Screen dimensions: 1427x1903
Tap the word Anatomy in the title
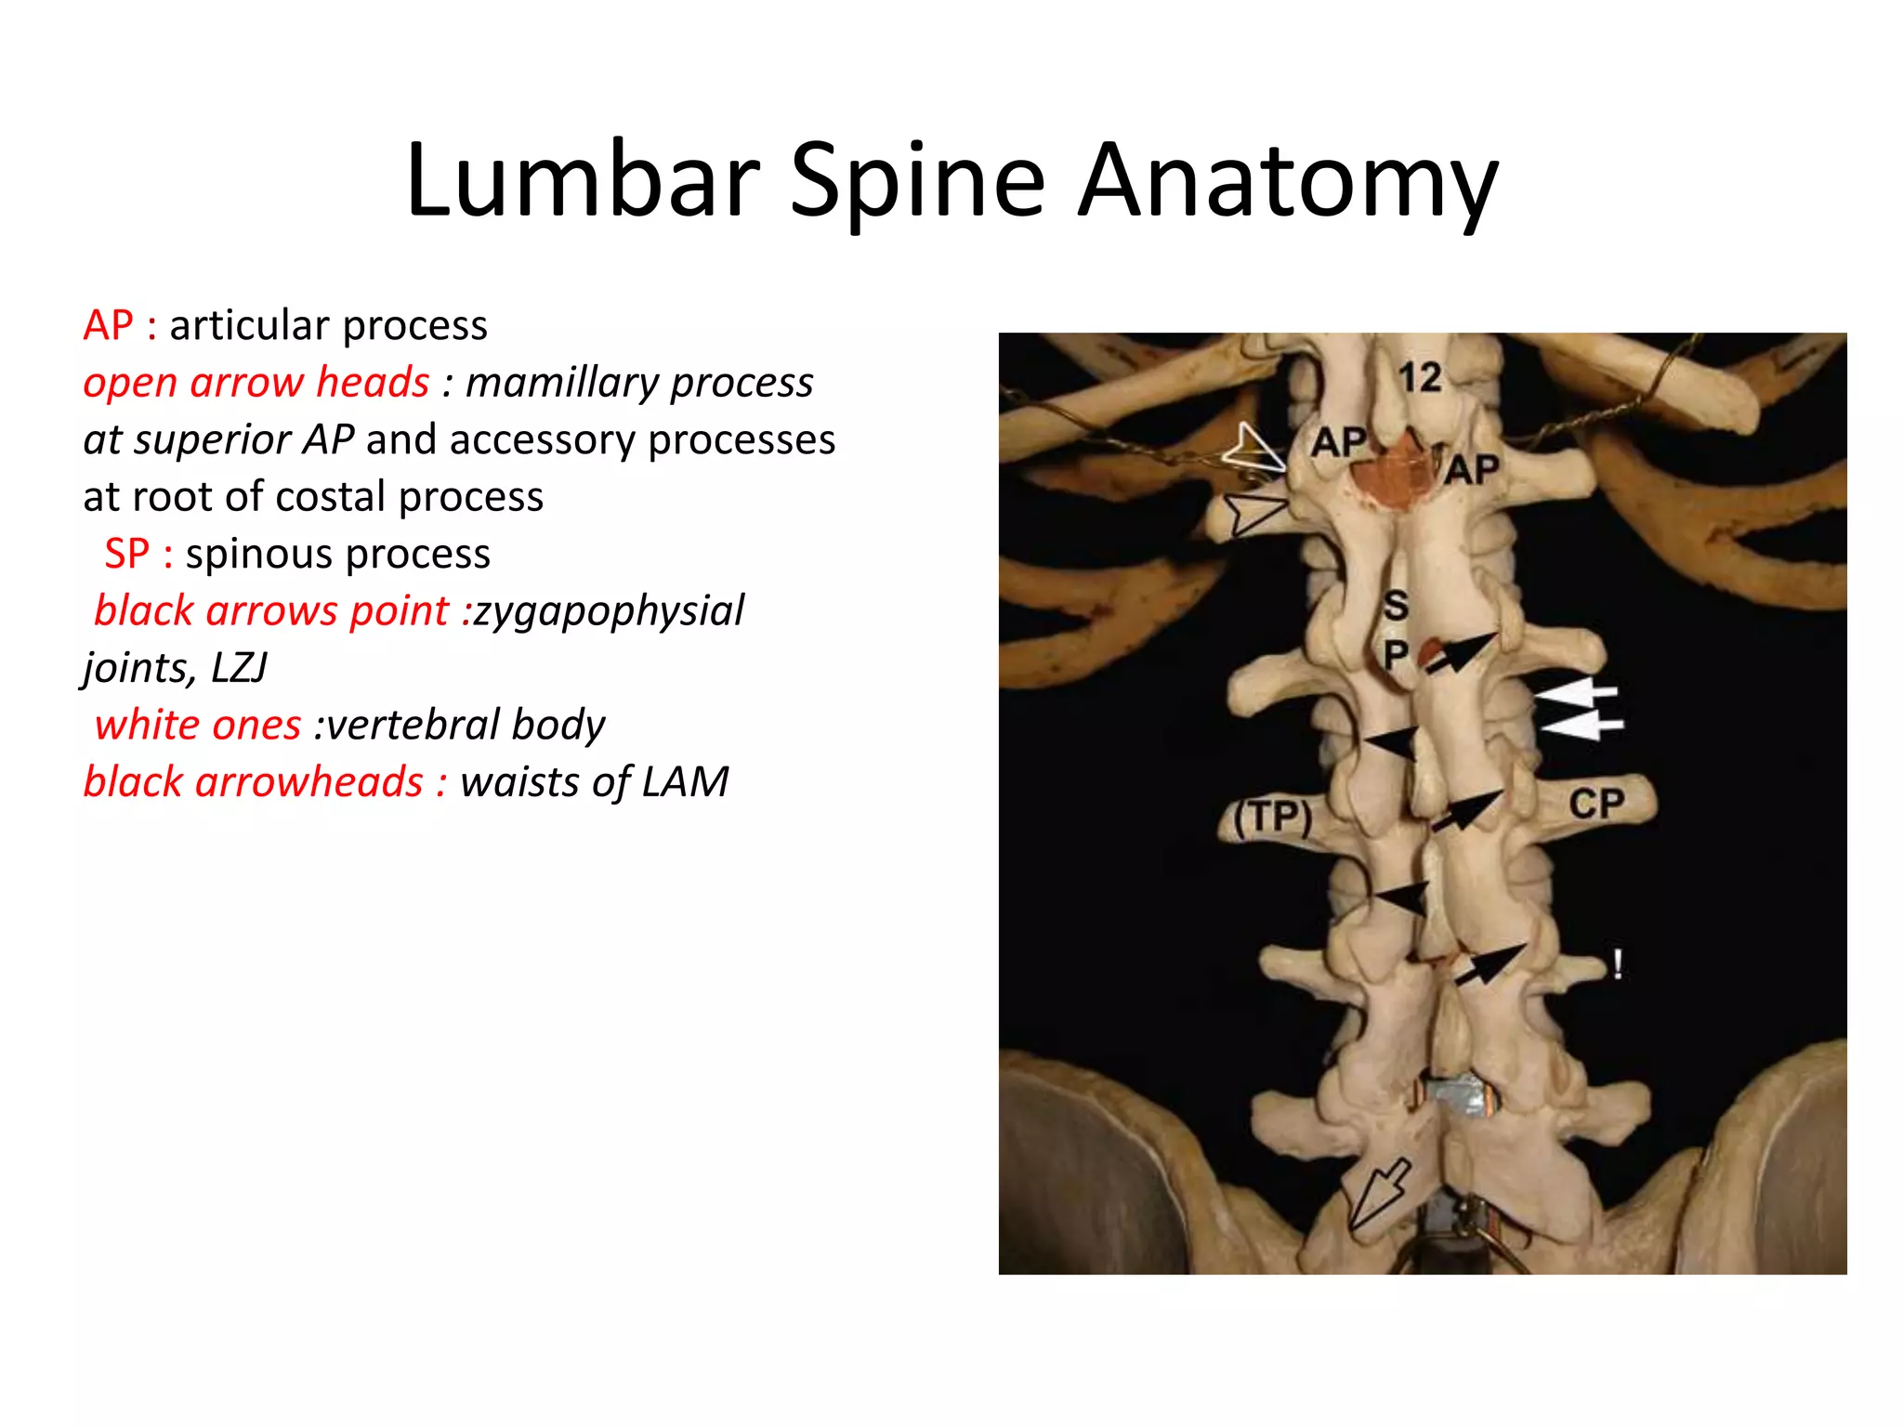(1287, 181)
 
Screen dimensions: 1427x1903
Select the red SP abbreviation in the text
(127, 554)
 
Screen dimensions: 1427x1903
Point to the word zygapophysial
(609, 611)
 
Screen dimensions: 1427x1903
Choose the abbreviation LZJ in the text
(240, 668)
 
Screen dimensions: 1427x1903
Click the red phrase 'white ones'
(198, 725)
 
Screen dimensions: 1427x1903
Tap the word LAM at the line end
(687, 782)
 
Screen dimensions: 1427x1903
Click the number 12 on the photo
(1420, 377)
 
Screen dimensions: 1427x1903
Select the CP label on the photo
(1596, 804)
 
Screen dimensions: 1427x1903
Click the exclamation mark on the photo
(1618, 964)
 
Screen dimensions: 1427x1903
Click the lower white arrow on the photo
(1581, 725)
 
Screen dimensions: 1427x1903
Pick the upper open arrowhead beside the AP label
(1253, 449)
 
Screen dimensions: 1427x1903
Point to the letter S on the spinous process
(1396, 606)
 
